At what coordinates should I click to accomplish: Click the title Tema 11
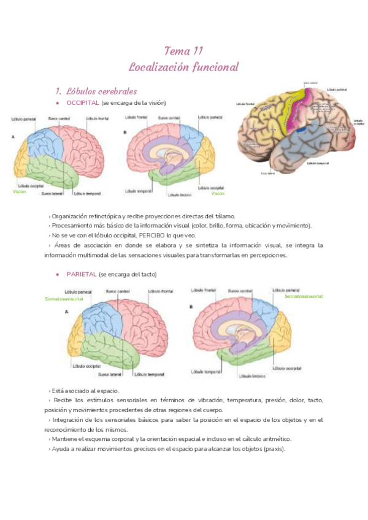coord(184,50)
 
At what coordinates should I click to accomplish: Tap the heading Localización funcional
coord(184,66)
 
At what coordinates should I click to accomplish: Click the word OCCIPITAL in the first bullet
coord(82,102)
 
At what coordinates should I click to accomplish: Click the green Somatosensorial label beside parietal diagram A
coord(64,299)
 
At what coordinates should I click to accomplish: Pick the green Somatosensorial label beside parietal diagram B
coord(305,296)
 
